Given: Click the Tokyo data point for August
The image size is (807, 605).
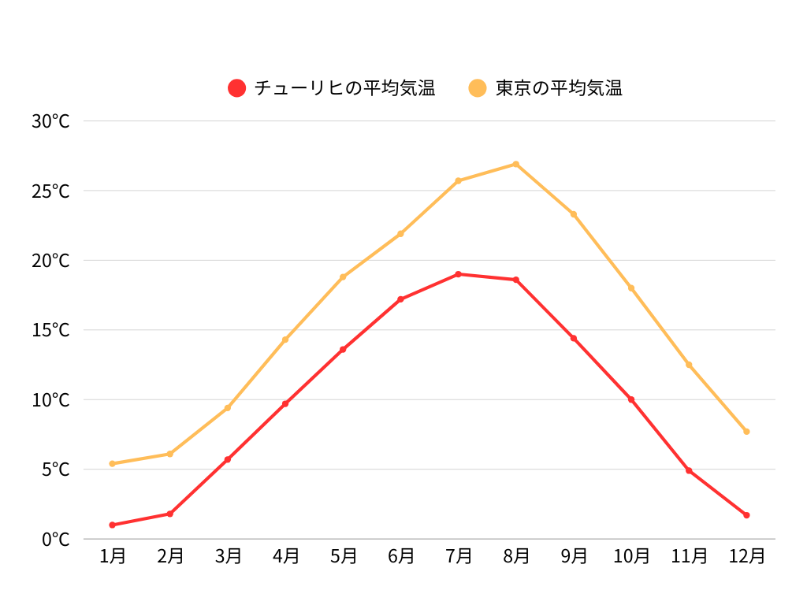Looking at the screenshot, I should [x=515, y=164].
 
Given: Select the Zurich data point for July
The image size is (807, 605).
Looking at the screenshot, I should [x=458, y=274].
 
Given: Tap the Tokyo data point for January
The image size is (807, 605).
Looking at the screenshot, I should [x=113, y=463].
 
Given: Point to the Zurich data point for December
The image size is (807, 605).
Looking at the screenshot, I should [x=746, y=515].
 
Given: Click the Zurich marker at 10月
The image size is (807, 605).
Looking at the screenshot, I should [x=631, y=399].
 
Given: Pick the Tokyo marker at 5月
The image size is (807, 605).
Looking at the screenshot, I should [x=343, y=277].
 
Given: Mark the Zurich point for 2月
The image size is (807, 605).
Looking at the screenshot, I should [x=170, y=514].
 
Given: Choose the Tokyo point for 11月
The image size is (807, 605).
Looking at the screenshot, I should [x=689, y=365].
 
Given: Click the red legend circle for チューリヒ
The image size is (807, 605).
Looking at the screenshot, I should [x=237, y=88].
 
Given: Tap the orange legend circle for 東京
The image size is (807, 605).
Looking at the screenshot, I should [x=478, y=88].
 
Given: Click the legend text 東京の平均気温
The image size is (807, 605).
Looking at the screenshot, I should [x=559, y=88].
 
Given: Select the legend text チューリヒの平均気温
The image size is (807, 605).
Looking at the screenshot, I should [x=345, y=88].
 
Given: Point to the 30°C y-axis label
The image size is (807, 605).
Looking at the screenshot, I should [x=50, y=121].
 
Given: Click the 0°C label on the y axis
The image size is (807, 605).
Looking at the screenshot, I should [x=55, y=540].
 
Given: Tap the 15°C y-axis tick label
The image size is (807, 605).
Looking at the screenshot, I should [x=50, y=330].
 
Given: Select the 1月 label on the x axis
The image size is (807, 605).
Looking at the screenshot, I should [x=113, y=556].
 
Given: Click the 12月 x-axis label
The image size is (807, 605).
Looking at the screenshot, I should [x=746, y=556].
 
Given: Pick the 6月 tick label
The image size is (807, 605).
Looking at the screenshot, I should [x=400, y=556].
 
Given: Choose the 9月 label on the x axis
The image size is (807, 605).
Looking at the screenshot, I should [x=574, y=556].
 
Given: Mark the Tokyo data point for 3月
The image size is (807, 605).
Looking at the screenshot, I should [x=228, y=407].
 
